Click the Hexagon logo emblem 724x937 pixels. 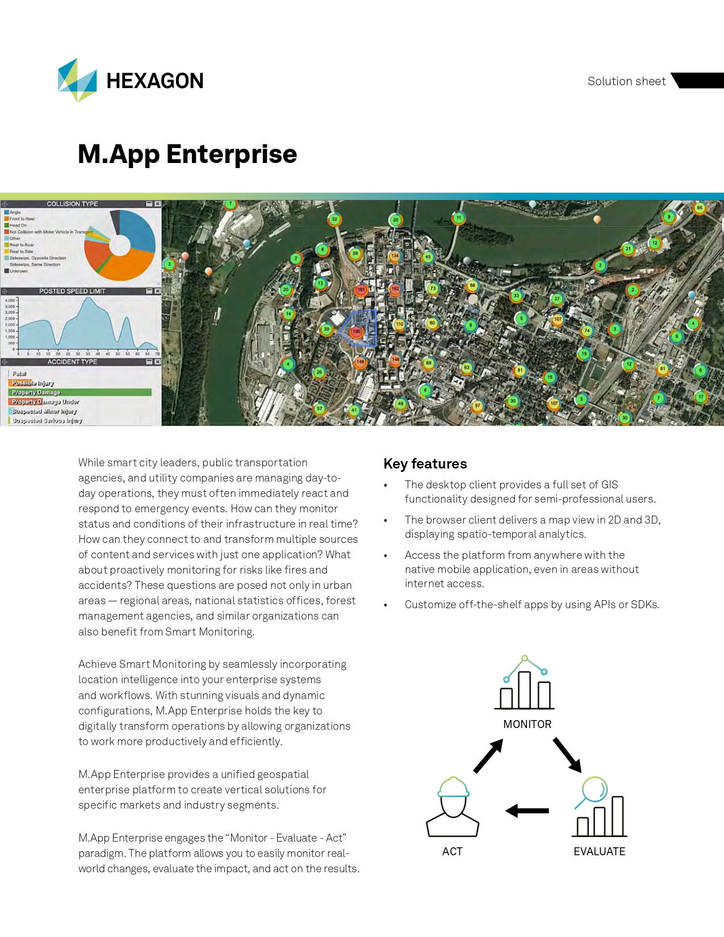pyautogui.click(x=77, y=80)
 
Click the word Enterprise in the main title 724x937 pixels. pyautogui.click(x=232, y=154)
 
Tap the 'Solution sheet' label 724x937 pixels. pyautogui.click(x=626, y=81)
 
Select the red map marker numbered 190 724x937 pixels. pyautogui.click(x=356, y=331)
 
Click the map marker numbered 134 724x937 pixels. pyautogui.click(x=394, y=256)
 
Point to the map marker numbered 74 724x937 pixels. pyautogui.click(x=587, y=331)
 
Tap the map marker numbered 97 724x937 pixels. pyautogui.click(x=478, y=405)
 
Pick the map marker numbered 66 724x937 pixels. pyautogui.click(x=700, y=208)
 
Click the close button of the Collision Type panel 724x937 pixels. pyautogui.click(x=157, y=204)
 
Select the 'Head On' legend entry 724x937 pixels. pyautogui.click(x=18, y=225)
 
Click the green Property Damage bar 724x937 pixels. pyautogui.click(x=81, y=392)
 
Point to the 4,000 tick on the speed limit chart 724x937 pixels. pyautogui.click(x=10, y=299)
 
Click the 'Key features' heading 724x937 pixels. pyautogui.click(x=425, y=464)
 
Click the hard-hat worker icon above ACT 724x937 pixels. pyautogui.click(x=453, y=806)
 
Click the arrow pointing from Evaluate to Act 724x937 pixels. pyautogui.click(x=528, y=810)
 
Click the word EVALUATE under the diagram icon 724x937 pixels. pyautogui.click(x=599, y=851)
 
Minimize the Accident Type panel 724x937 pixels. pyautogui.click(x=149, y=362)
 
